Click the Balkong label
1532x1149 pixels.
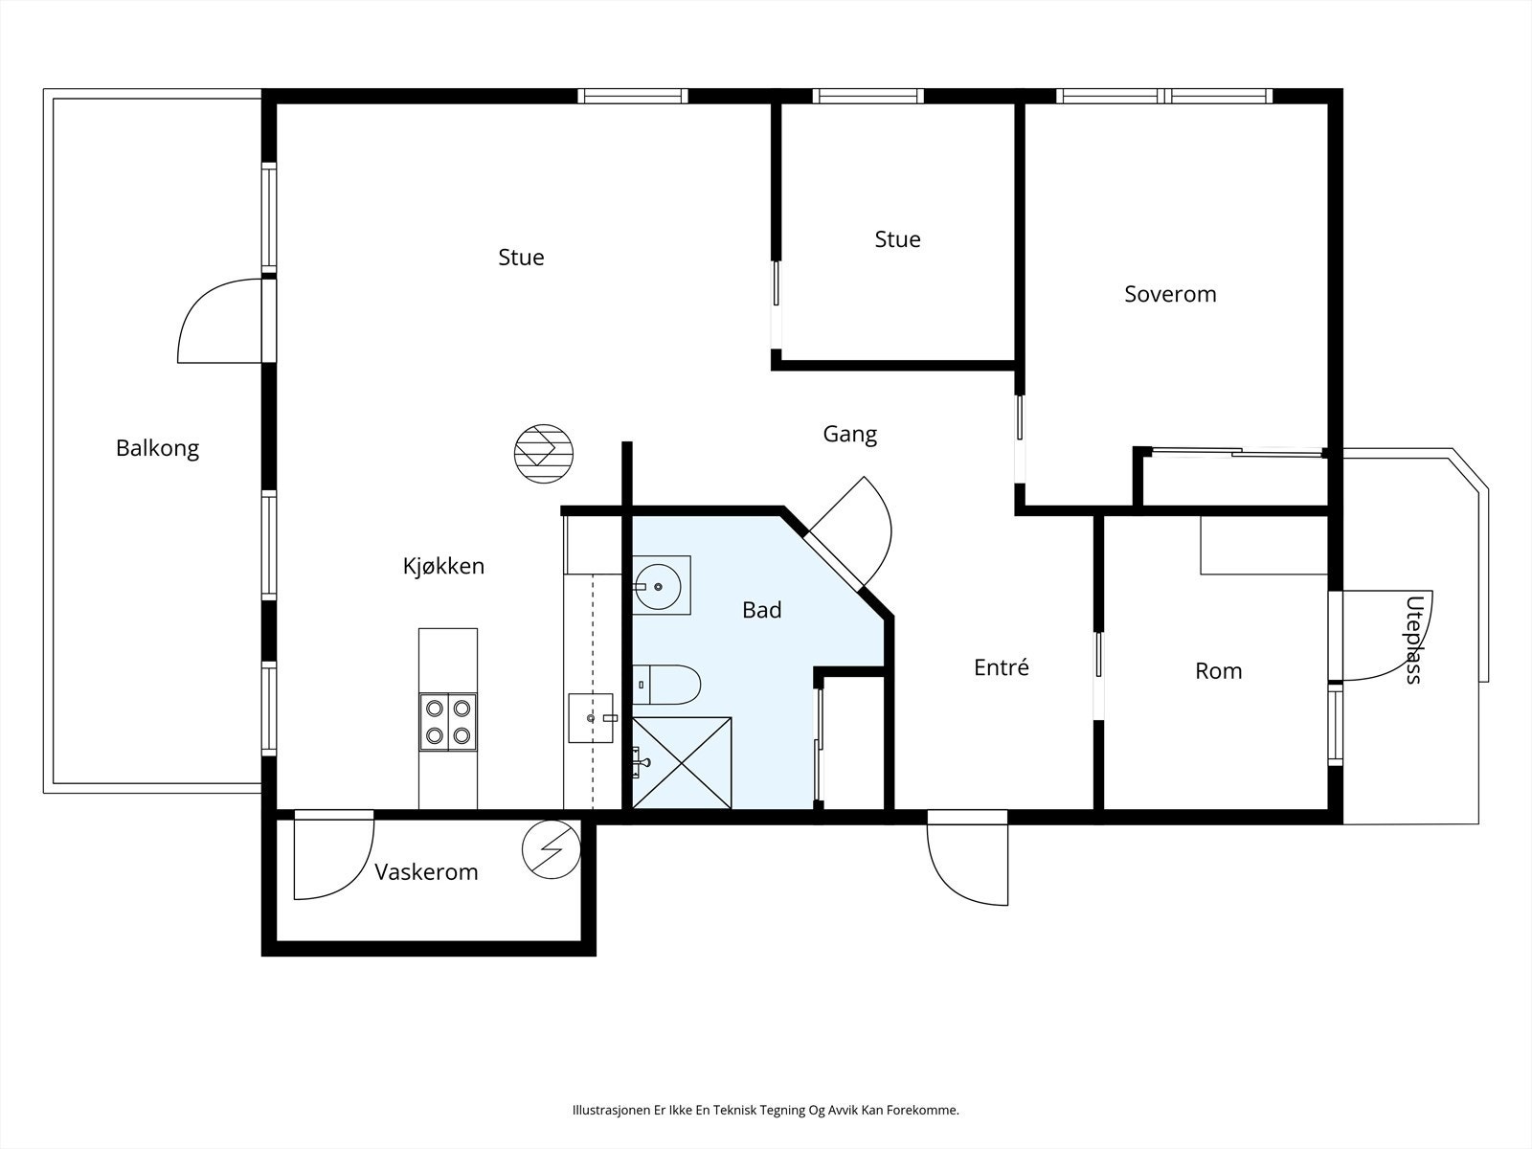158,448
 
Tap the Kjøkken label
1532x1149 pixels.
443,566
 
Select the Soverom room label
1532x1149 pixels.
1170,294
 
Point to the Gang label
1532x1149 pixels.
849,435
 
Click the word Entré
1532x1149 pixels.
1001,667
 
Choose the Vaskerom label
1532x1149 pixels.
426,872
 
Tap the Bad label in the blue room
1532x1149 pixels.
761,611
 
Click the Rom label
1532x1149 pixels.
1219,671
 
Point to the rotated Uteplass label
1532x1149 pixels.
1414,639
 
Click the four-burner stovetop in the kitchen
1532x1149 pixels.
448,722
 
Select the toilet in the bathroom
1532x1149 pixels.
666,685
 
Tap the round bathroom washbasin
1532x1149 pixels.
658,587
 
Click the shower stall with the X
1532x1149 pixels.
682,763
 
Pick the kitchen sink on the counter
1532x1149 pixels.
591,718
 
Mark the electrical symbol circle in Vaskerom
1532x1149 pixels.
552,849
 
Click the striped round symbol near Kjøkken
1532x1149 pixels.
544,454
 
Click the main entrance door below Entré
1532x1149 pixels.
967,857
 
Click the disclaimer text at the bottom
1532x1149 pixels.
766,1109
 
